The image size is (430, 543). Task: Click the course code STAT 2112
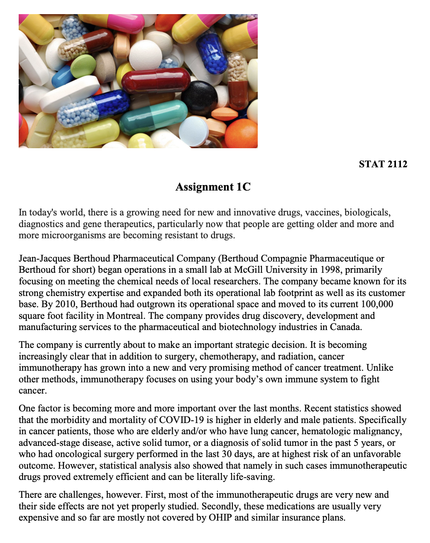[383, 164]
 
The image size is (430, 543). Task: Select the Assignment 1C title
[213, 187]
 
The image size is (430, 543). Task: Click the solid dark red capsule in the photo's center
[156, 81]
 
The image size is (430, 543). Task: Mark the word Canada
[345, 327]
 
